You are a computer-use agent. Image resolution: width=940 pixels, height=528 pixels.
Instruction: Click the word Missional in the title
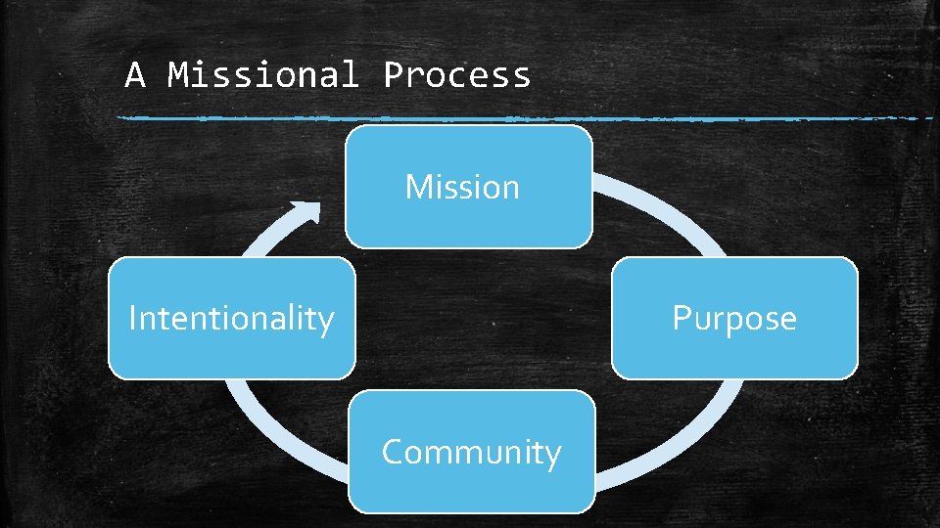[263, 75]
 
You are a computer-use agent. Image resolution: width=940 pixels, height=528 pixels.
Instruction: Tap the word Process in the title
[456, 75]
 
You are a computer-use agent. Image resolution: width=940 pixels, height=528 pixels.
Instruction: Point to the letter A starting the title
[135, 75]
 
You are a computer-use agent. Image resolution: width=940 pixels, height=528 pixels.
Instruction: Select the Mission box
[468, 186]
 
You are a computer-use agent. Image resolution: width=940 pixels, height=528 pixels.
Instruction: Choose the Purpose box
[734, 318]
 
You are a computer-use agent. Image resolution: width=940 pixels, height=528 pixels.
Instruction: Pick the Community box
[471, 452]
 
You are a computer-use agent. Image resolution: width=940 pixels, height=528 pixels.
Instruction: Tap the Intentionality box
[231, 318]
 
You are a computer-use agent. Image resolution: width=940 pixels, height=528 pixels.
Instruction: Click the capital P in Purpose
[681, 318]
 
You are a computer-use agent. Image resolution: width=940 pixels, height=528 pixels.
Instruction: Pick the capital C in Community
[394, 453]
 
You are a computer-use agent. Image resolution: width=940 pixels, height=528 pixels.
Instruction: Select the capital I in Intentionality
[133, 318]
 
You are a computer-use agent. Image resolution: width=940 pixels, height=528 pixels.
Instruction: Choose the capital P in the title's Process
[393, 75]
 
